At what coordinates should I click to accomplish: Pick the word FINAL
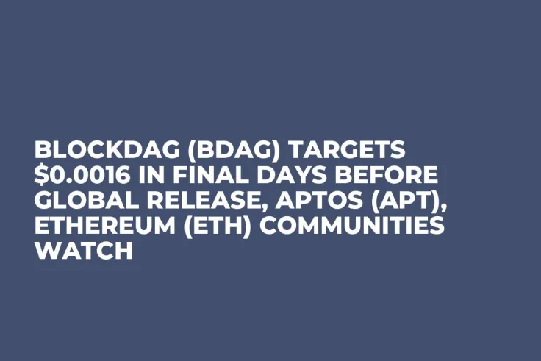coord(214,176)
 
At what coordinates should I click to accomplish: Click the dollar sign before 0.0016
coord(41,176)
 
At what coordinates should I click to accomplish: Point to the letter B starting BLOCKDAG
coord(43,151)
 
